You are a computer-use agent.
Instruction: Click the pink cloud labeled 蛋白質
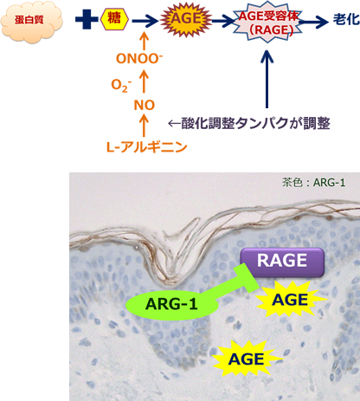(31, 21)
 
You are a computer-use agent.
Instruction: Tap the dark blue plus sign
(87, 19)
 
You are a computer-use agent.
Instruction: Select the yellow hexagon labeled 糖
(114, 19)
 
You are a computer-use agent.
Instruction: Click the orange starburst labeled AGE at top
(186, 19)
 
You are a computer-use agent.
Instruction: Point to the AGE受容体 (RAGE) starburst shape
(267, 23)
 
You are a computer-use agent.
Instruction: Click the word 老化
(346, 20)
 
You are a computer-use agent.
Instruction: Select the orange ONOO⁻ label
(139, 58)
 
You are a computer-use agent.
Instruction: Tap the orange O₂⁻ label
(121, 86)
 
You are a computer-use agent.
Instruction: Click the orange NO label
(145, 106)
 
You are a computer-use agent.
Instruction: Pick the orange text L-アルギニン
(147, 147)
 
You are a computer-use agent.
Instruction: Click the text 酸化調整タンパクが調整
(249, 124)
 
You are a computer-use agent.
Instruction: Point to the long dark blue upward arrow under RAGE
(267, 80)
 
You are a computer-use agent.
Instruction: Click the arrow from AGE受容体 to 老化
(313, 22)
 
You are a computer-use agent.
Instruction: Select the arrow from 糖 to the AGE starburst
(145, 21)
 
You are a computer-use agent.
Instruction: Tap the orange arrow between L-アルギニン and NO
(144, 126)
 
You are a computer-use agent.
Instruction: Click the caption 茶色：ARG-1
(313, 183)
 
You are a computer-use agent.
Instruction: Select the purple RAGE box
(282, 262)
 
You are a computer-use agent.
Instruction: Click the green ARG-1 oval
(172, 304)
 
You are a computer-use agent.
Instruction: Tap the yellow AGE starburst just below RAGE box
(291, 299)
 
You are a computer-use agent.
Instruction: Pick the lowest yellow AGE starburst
(247, 359)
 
